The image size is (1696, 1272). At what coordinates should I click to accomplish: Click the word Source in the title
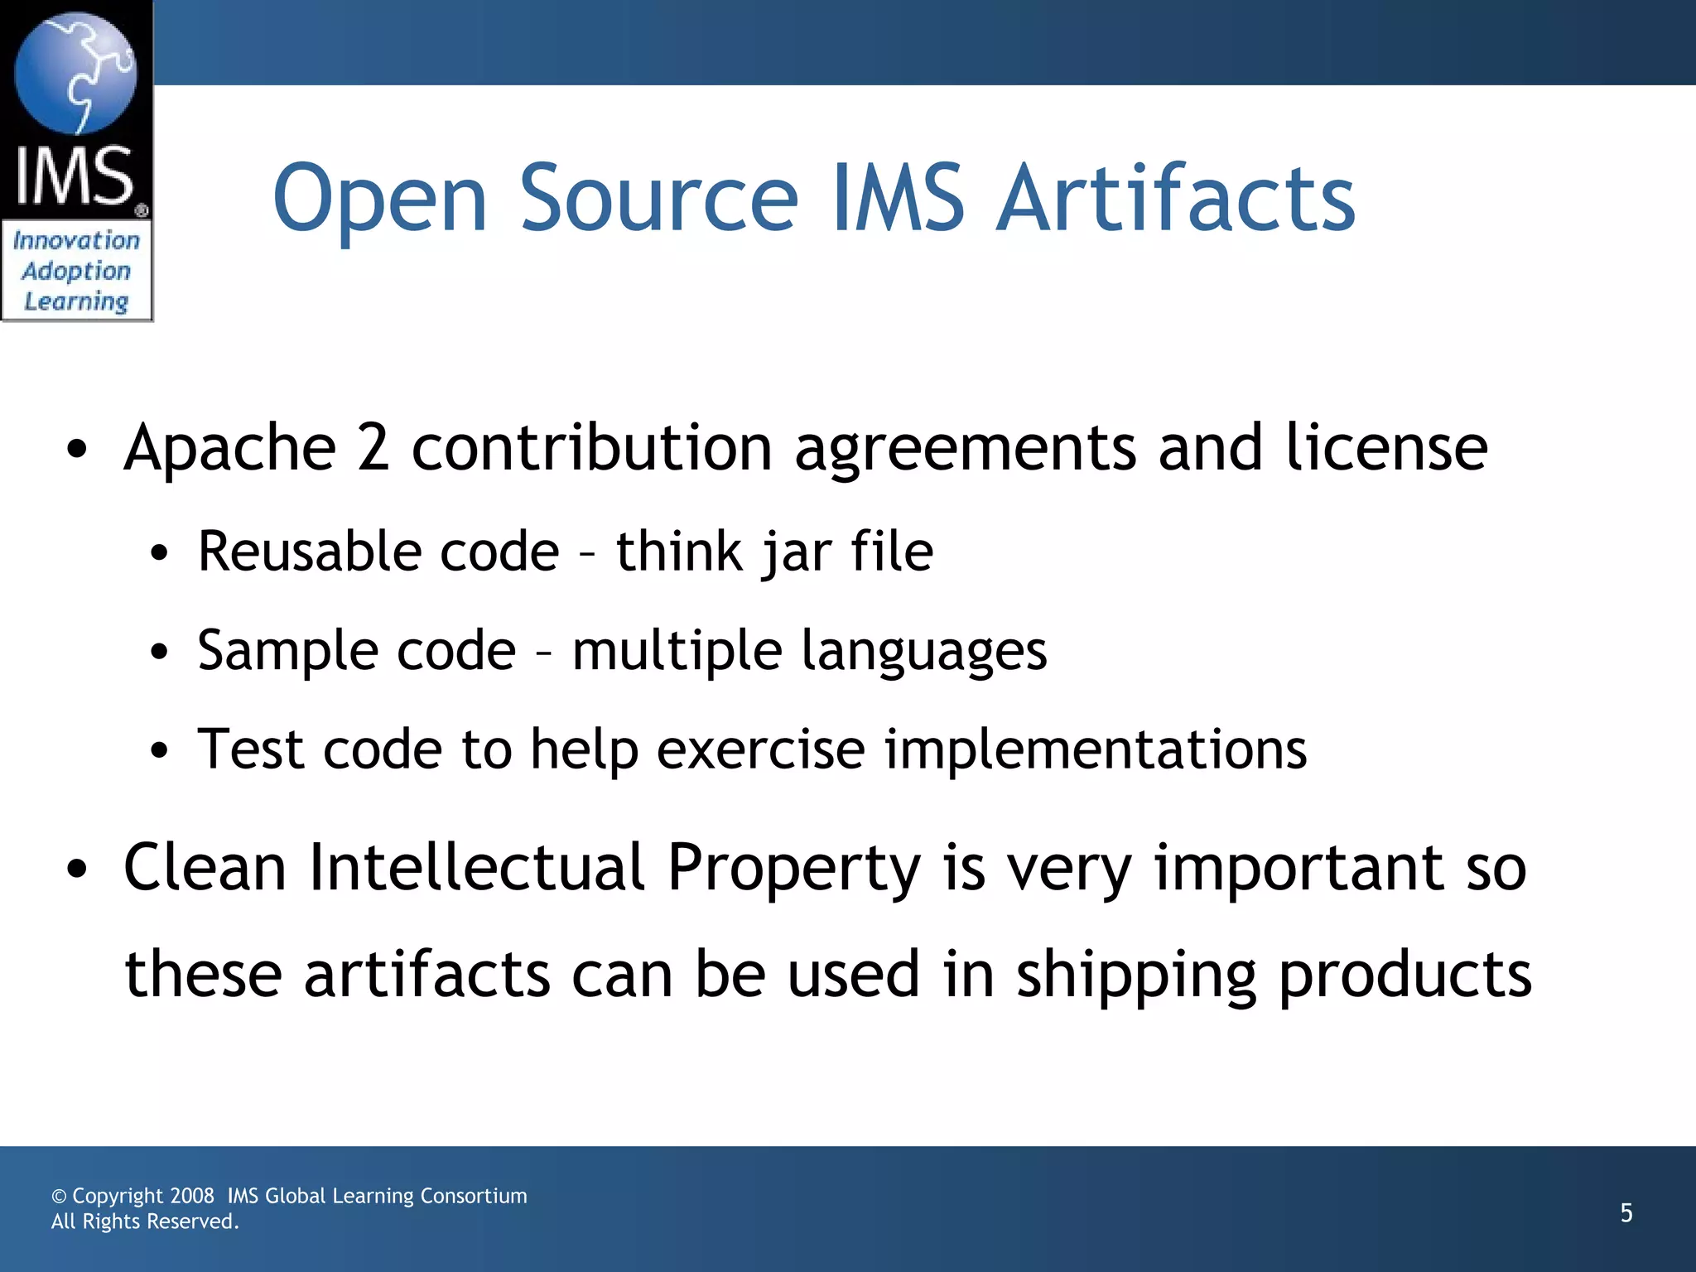(658, 199)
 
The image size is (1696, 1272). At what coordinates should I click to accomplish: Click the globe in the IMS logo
(75, 73)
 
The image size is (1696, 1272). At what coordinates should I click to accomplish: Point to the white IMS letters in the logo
(75, 176)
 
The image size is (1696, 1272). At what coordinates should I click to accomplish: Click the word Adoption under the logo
(76, 272)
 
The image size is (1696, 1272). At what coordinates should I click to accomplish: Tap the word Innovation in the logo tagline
(76, 240)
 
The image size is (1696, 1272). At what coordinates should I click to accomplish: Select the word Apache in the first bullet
(230, 448)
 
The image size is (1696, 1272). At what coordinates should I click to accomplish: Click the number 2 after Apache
(373, 448)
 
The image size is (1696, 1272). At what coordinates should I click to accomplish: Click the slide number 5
(1626, 1213)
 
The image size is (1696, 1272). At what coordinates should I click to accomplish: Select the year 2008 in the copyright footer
(192, 1196)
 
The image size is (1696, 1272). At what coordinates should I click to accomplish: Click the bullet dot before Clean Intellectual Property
(77, 870)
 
